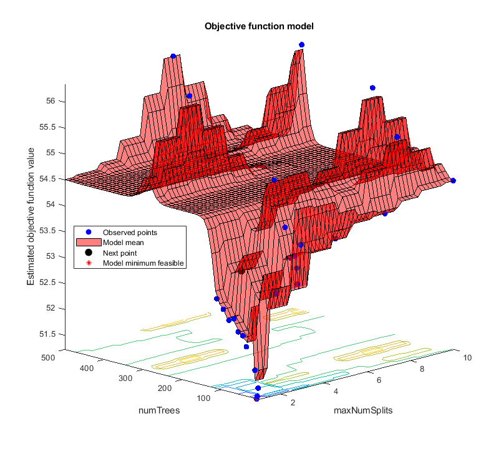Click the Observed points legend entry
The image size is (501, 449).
click(129, 232)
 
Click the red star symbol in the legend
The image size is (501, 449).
click(89, 263)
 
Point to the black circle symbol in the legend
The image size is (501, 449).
click(89, 253)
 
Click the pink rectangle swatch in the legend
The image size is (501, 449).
click(89, 242)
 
